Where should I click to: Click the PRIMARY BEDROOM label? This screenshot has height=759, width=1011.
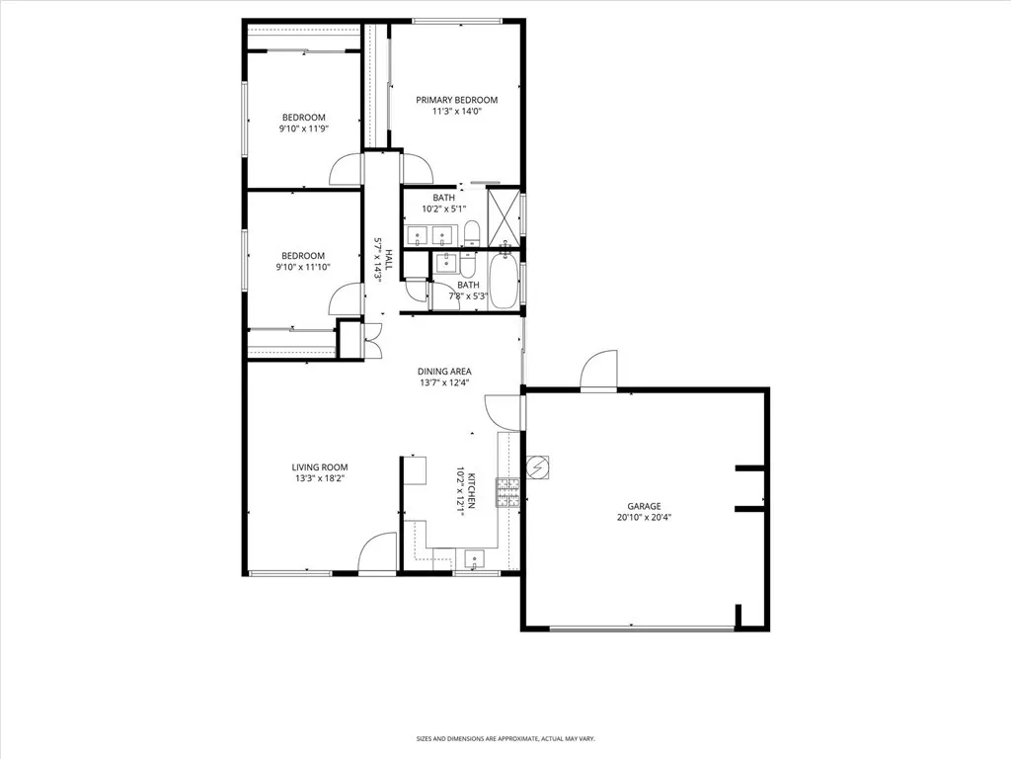456,100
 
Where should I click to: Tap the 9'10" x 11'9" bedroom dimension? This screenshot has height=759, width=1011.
302,127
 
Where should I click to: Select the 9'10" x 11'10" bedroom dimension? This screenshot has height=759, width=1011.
303,266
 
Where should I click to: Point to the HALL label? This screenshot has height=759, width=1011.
389,260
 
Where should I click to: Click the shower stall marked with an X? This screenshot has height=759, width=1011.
504,214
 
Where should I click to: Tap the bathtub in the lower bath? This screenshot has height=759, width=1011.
502,282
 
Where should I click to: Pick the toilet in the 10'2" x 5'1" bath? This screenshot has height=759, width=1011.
472,234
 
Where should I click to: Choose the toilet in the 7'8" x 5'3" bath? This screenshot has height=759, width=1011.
467,267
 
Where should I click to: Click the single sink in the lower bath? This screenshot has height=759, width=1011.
446,262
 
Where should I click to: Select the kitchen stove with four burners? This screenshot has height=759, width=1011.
507,492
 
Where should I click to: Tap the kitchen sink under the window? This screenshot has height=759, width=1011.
475,559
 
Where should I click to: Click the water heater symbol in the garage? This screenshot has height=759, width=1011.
538,466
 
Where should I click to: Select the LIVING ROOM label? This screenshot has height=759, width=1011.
319,467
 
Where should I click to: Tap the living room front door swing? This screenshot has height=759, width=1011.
378,553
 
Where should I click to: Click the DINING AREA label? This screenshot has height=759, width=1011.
442,373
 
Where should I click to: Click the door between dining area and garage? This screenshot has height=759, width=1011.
503,410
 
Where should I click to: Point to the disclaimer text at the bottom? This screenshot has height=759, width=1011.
505,738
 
